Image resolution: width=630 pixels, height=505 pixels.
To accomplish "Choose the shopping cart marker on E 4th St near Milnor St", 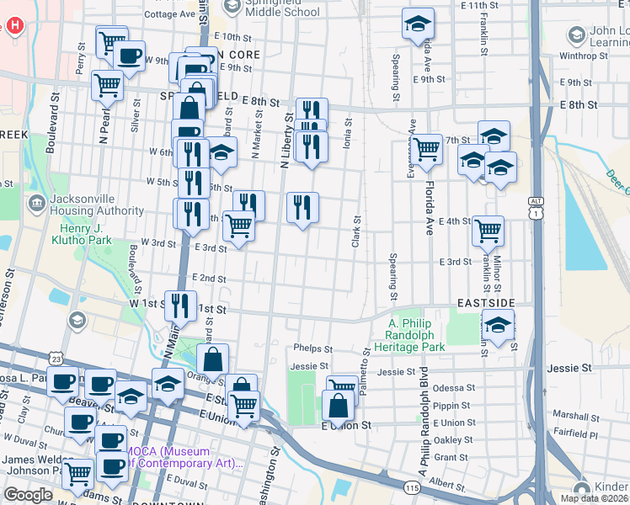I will pyautogui.click(x=488, y=229).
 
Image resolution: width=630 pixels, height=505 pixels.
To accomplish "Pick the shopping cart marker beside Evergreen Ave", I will pyautogui.click(x=427, y=149).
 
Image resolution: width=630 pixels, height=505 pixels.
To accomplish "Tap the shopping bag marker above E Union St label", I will pyautogui.click(x=338, y=405).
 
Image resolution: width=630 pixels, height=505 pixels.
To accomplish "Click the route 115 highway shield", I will pyautogui.click(x=412, y=488).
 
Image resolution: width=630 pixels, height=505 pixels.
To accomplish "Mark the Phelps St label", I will pyautogui.click(x=313, y=348).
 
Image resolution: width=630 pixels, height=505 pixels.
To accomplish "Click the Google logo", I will pyautogui.click(x=28, y=495).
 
